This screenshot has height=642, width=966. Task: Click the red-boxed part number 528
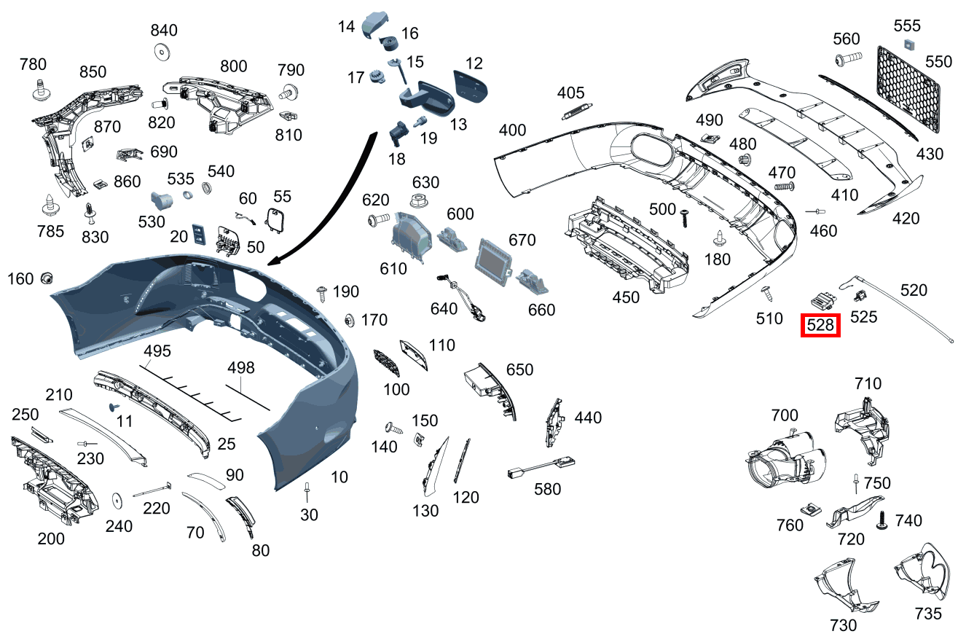click(820, 325)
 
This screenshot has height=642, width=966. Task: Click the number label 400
click(512, 130)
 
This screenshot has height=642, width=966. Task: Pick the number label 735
click(928, 613)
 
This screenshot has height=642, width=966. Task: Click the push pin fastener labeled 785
click(50, 204)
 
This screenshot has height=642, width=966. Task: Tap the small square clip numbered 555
click(908, 44)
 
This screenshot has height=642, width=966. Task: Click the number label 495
click(157, 351)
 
